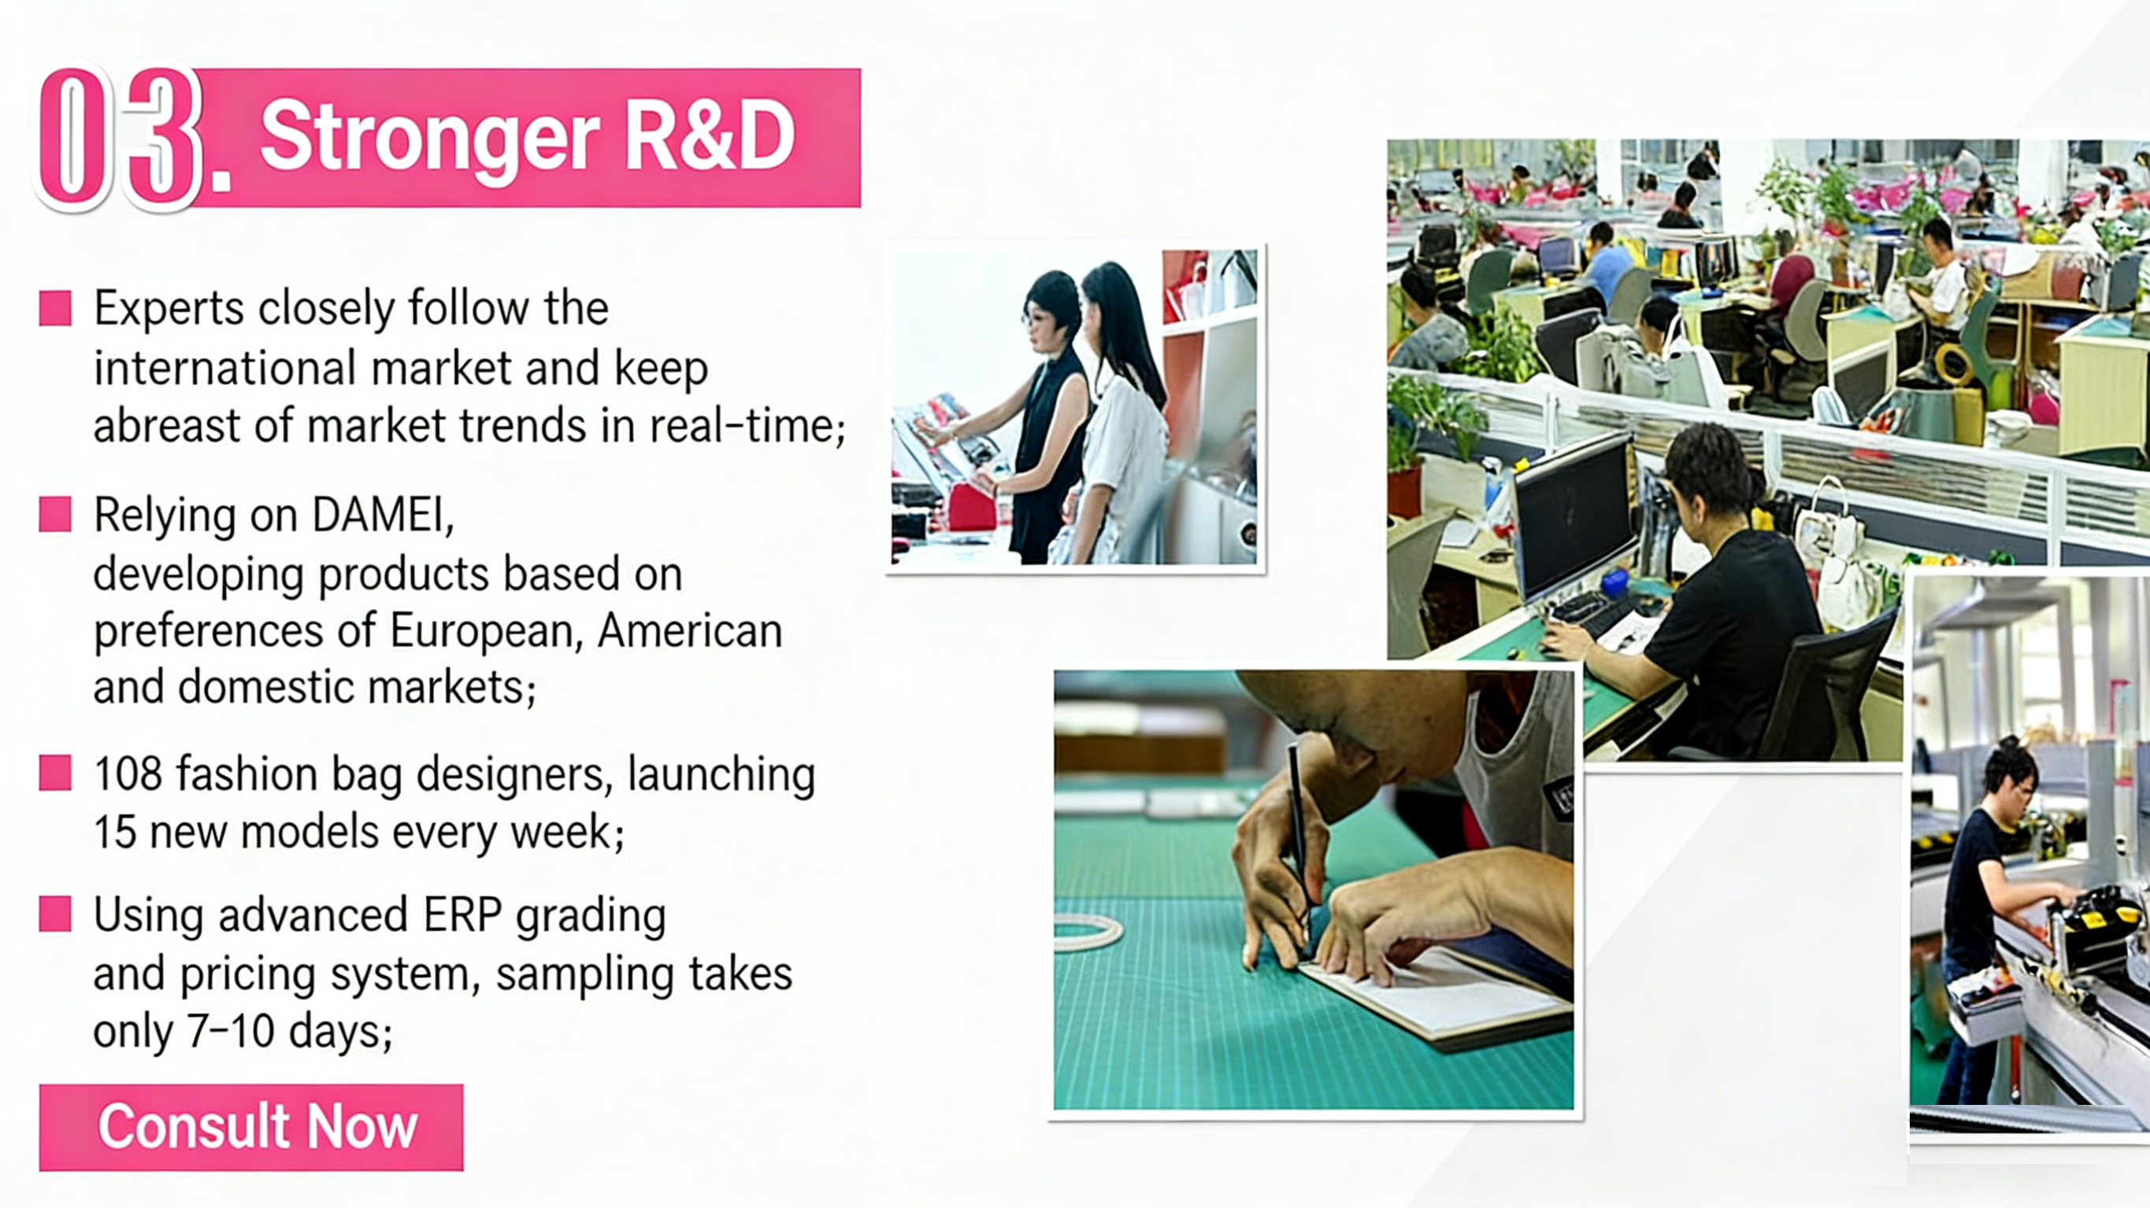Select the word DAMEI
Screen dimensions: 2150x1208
coord(382,515)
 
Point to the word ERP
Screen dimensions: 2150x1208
coord(462,914)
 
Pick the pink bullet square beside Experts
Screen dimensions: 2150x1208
coord(55,307)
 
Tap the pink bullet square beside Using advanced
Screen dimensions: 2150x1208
coord(55,914)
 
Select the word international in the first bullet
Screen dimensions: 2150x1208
coord(224,367)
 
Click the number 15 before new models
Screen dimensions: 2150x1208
coord(114,832)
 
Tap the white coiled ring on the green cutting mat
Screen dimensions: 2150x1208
coord(1088,933)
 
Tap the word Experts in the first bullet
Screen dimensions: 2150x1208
coord(169,308)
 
